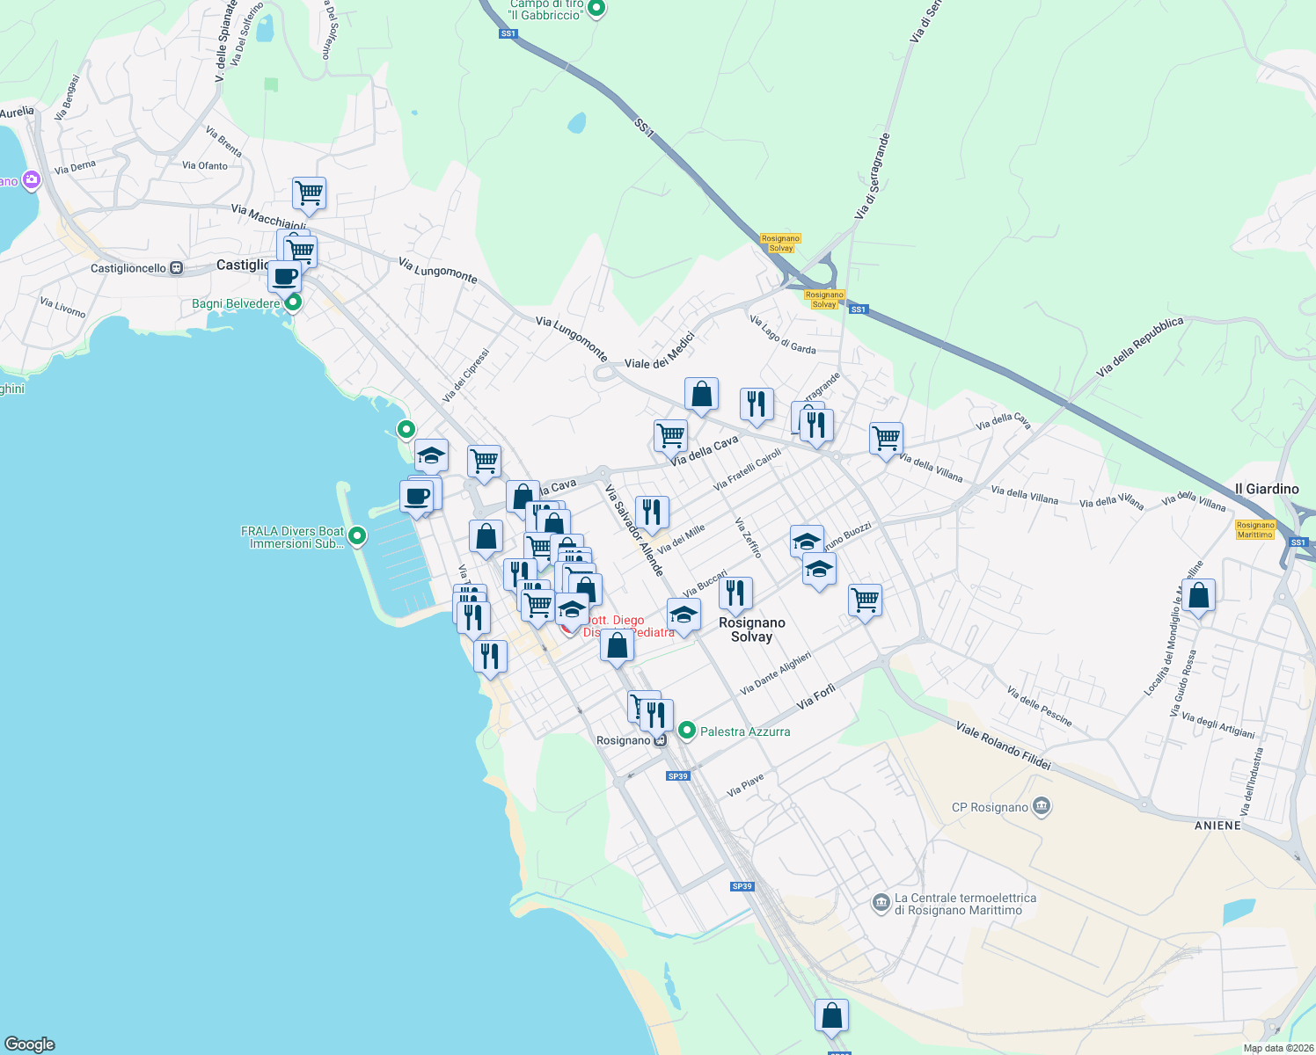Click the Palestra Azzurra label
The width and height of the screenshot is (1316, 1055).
(x=744, y=731)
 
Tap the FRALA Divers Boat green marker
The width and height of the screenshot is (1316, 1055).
(x=357, y=535)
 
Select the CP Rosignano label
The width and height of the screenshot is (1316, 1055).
(x=990, y=807)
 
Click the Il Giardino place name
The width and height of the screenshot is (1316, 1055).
(x=1266, y=489)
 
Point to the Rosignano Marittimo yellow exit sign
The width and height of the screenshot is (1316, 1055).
(x=1254, y=530)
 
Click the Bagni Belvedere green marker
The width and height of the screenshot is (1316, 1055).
(x=294, y=303)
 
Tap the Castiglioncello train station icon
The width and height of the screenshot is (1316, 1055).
(x=176, y=268)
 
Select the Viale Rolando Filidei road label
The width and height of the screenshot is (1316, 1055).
(x=1003, y=746)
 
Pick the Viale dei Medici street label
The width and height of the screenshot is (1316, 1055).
(x=659, y=350)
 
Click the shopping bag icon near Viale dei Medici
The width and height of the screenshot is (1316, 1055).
(x=701, y=395)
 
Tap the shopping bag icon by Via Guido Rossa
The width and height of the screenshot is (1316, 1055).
(x=1198, y=596)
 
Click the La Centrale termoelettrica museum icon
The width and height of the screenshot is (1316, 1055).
(x=881, y=903)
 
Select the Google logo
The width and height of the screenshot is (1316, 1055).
(x=30, y=1044)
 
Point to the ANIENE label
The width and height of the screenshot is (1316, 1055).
(x=1217, y=826)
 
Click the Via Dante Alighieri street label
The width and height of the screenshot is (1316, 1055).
(x=775, y=673)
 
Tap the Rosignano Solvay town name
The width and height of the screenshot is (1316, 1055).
(x=751, y=629)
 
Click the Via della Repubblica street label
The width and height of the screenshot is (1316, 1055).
(x=1140, y=347)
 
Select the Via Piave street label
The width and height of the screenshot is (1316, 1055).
(x=745, y=786)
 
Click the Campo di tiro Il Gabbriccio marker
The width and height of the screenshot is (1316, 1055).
(x=596, y=9)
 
